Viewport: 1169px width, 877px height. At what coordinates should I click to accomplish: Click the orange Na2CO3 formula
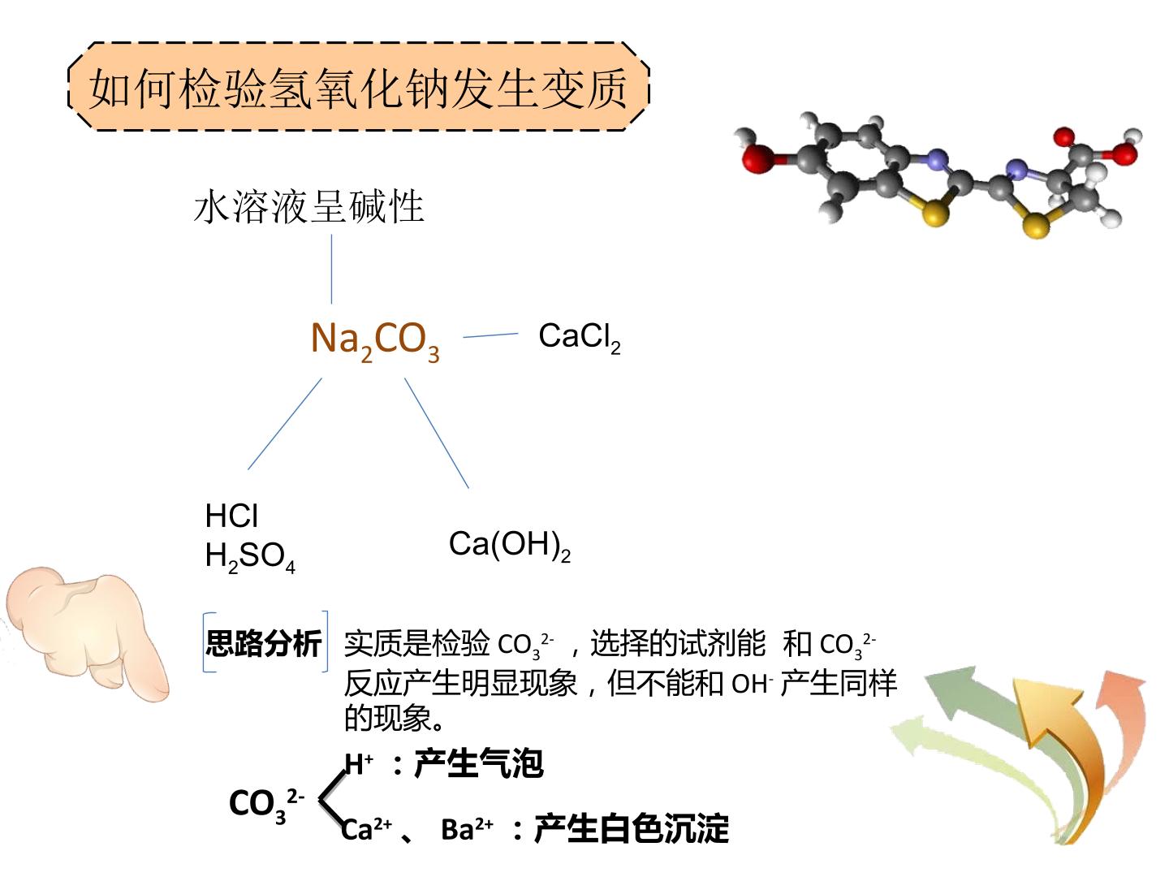pyautogui.click(x=375, y=341)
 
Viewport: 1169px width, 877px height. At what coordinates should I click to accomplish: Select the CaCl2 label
pyautogui.click(x=580, y=338)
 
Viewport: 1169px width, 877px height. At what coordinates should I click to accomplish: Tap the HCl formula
pyautogui.click(x=231, y=516)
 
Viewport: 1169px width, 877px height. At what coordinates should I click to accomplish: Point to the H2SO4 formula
pyautogui.click(x=250, y=557)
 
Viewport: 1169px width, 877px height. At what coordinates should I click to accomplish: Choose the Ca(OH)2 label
pyautogui.click(x=510, y=545)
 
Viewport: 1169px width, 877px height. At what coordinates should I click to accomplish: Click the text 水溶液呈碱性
pyautogui.click(x=309, y=206)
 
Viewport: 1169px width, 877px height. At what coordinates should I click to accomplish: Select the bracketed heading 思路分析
pyautogui.click(x=264, y=643)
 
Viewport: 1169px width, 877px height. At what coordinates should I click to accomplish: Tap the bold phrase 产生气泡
pyautogui.click(x=478, y=763)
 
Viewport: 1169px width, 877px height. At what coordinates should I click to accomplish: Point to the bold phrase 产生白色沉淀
pyautogui.click(x=631, y=828)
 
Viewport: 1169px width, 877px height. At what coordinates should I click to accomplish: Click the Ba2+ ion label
pyautogui.click(x=467, y=828)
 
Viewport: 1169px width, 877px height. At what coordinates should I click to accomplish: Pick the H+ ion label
pyautogui.click(x=359, y=763)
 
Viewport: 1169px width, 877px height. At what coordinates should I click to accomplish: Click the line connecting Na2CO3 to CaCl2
pyautogui.click(x=490, y=335)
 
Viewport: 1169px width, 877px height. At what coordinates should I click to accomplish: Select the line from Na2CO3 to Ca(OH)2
pyautogui.click(x=437, y=433)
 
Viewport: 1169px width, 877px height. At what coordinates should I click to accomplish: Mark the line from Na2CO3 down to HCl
pyautogui.click(x=285, y=424)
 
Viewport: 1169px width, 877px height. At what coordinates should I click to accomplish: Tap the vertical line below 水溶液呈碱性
pyautogui.click(x=331, y=270)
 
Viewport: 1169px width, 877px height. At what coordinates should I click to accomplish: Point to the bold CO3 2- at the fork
pyautogui.click(x=266, y=804)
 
